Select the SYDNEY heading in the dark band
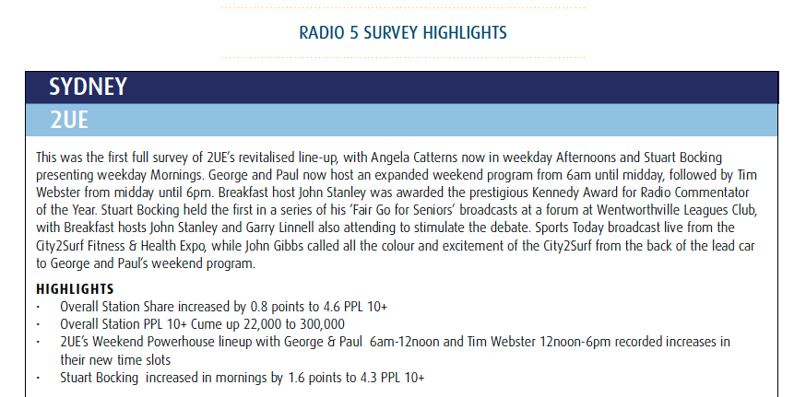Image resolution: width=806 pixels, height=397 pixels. [x=88, y=87]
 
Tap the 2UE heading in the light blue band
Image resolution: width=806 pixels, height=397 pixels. [x=69, y=120]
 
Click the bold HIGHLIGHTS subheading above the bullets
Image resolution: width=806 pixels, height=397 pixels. [x=75, y=289]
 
